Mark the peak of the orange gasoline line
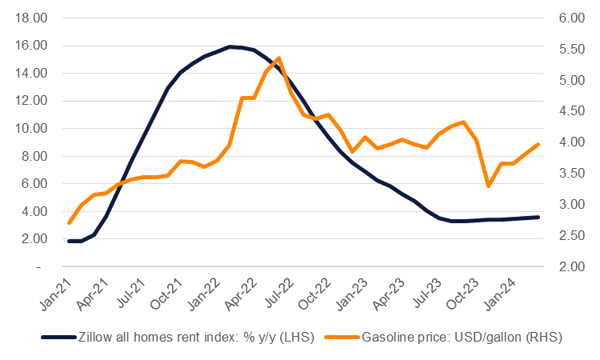278,58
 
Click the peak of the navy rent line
230,46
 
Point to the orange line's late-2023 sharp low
488,186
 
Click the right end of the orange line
538,144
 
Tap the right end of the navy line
538,217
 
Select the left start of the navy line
70,241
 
